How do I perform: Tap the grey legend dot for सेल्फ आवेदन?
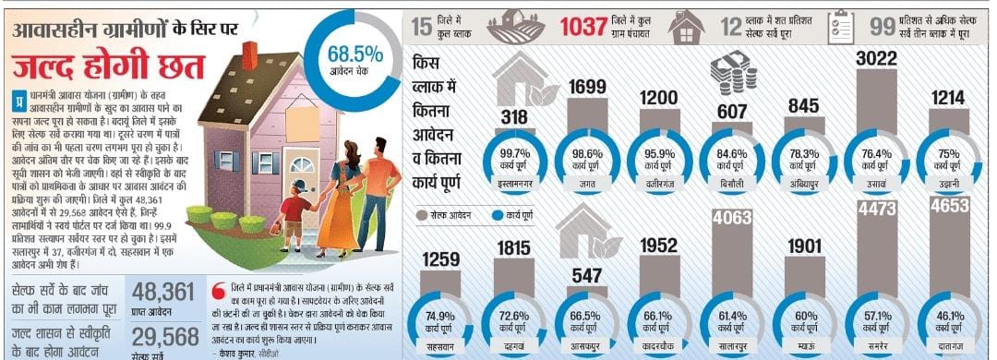point(424,215)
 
